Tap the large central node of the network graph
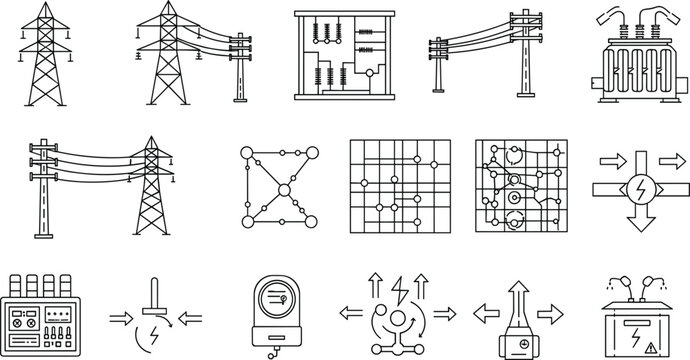tap(284, 190)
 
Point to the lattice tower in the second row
tap(151, 190)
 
